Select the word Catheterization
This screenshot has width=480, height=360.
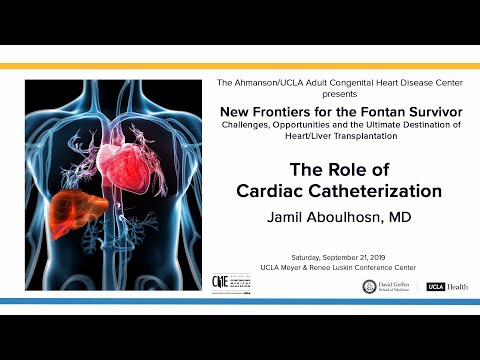coord(379,189)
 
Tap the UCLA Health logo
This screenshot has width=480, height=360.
coord(445,286)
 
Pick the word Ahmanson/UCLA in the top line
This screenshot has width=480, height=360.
coord(285,80)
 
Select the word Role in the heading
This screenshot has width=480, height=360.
coord(339,169)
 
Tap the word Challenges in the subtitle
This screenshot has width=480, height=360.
coord(250,123)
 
